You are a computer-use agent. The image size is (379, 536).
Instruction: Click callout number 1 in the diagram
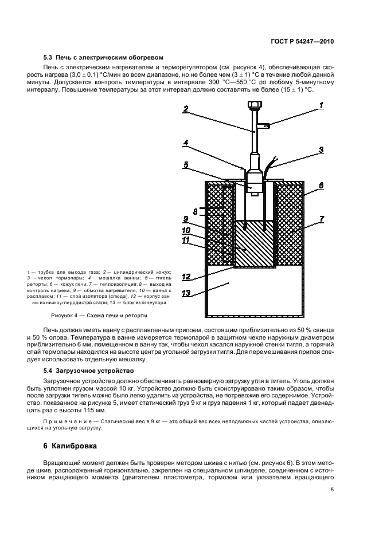[321, 105]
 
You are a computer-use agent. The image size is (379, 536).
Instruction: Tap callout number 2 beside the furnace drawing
[186, 109]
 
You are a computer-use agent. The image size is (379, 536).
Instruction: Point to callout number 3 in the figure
[321, 150]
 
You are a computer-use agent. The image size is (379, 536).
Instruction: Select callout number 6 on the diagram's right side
[321, 185]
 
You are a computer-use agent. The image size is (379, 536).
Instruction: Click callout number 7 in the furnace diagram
[321, 219]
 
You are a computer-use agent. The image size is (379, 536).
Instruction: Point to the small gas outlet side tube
[264, 125]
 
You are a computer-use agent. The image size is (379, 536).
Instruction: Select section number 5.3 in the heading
[49, 58]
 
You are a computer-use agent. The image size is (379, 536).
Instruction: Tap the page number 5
[333, 490]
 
